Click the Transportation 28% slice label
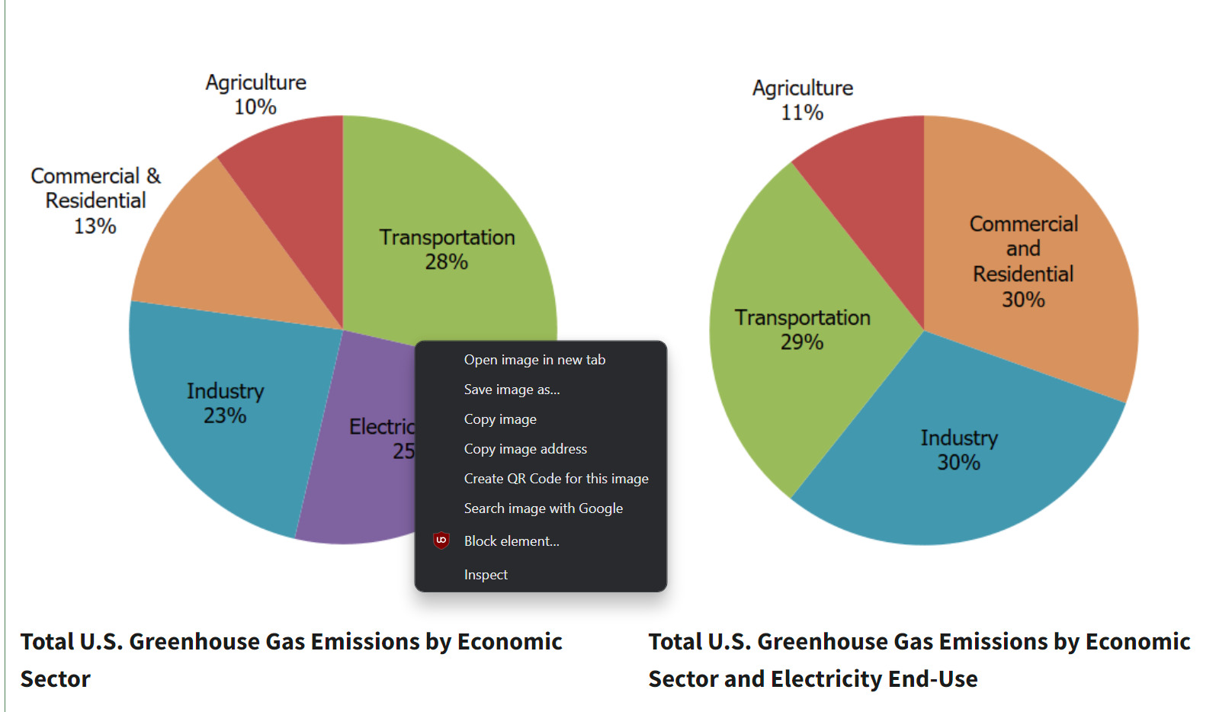(x=447, y=249)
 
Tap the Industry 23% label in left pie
(x=226, y=403)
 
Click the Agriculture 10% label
(x=256, y=95)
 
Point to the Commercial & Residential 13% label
(x=95, y=200)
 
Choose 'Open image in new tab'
(x=534, y=360)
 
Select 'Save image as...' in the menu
(x=512, y=390)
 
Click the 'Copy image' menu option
(x=500, y=419)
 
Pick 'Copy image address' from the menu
(x=525, y=449)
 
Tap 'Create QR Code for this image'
(x=556, y=479)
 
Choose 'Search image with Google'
(x=543, y=508)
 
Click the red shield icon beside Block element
(x=441, y=540)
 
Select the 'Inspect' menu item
(x=486, y=575)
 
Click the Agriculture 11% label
(x=803, y=100)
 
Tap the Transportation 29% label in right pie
(x=802, y=329)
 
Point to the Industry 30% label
(x=959, y=450)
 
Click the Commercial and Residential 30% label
(x=1023, y=261)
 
